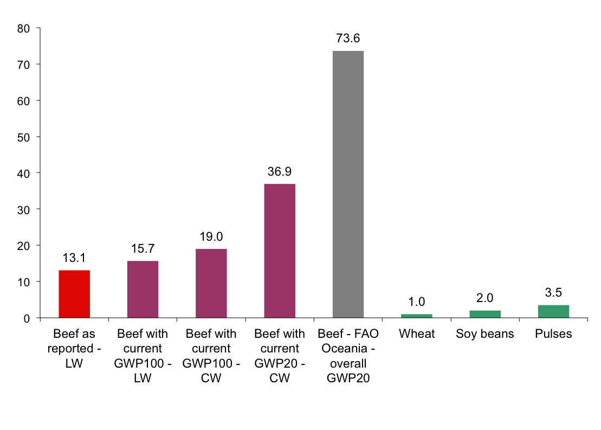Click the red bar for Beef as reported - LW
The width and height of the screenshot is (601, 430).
coord(74,294)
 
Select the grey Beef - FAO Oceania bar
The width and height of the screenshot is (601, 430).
coord(348,184)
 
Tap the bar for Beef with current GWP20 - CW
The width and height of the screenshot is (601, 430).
coord(280,251)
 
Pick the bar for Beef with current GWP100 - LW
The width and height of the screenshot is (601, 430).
coord(143,289)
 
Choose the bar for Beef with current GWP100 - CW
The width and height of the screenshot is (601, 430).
coord(211,283)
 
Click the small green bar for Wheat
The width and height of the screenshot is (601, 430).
coord(417,316)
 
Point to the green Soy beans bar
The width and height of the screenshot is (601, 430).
coord(485,314)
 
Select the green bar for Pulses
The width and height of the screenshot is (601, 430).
coord(553,311)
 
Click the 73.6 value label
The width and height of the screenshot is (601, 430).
coord(348,38)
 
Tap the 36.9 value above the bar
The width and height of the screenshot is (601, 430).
coord(280,172)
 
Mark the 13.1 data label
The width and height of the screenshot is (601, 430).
coord(74,258)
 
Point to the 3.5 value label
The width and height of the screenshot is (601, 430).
coord(553,293)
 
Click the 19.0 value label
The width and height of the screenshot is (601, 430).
coord(211,237)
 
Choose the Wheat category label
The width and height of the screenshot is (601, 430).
coord(417,333)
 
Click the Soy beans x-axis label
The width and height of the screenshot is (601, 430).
coord(485,333)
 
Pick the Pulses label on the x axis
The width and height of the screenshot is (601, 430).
coord(553,333)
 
